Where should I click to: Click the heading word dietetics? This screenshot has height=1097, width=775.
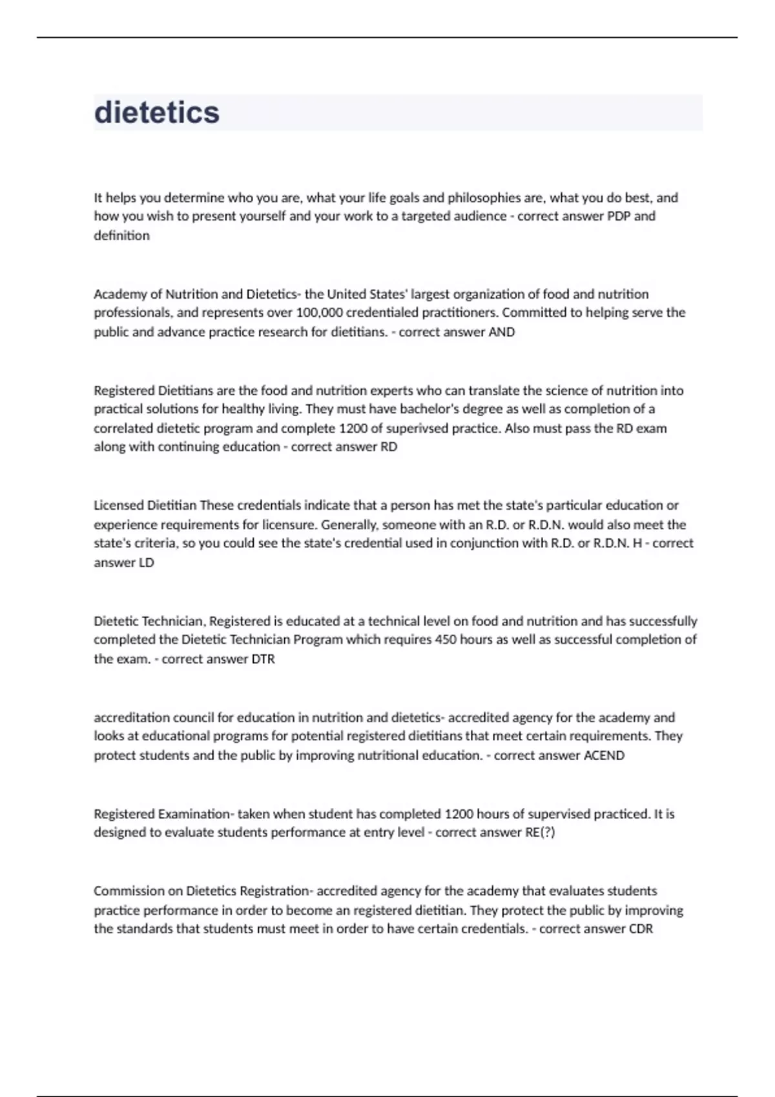click(157, 112)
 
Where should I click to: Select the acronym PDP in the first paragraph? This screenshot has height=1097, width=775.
click(619, 216)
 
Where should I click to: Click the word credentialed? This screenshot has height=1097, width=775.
click(384, 313)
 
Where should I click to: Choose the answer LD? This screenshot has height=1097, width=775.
click(147, 563)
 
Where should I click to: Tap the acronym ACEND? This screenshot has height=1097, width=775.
click(604, 756)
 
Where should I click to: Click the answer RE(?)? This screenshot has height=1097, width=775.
click(540, 832)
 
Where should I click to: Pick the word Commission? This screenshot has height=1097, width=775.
click(129, 891)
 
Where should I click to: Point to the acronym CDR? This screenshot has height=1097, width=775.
click(641, 929)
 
